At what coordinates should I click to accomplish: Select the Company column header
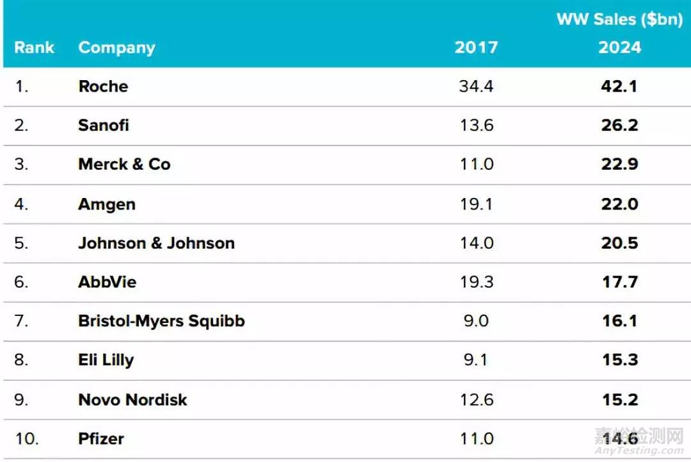[x=116, y=47]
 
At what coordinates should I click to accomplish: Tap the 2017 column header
[x=476, y=47]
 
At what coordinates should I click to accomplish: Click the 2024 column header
[x=619, y=47]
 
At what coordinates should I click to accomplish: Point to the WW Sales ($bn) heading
[x=619, y=19]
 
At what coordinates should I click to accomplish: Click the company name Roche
[x=103, y=86]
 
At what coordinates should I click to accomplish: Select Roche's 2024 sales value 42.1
[x=619, y=86]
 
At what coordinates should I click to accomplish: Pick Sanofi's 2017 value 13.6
[x=476, y=125]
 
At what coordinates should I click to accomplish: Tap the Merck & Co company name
[x=124, y=164]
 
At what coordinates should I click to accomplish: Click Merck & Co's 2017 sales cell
[x=476, y=164]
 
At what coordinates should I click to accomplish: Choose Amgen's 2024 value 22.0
[x=619, y=204]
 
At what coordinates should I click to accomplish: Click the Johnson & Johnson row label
[x=156, y=243]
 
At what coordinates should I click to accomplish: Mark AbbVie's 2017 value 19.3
[x=476, y=282]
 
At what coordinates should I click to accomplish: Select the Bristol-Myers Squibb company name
[x=161, y=321]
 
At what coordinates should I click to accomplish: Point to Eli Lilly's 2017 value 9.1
[x=476, y=360]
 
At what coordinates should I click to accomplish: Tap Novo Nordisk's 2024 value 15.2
[x=619, y=399]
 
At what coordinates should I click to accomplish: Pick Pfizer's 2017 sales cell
[x=476, y=439]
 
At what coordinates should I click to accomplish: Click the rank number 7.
[x=22, y=321]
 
